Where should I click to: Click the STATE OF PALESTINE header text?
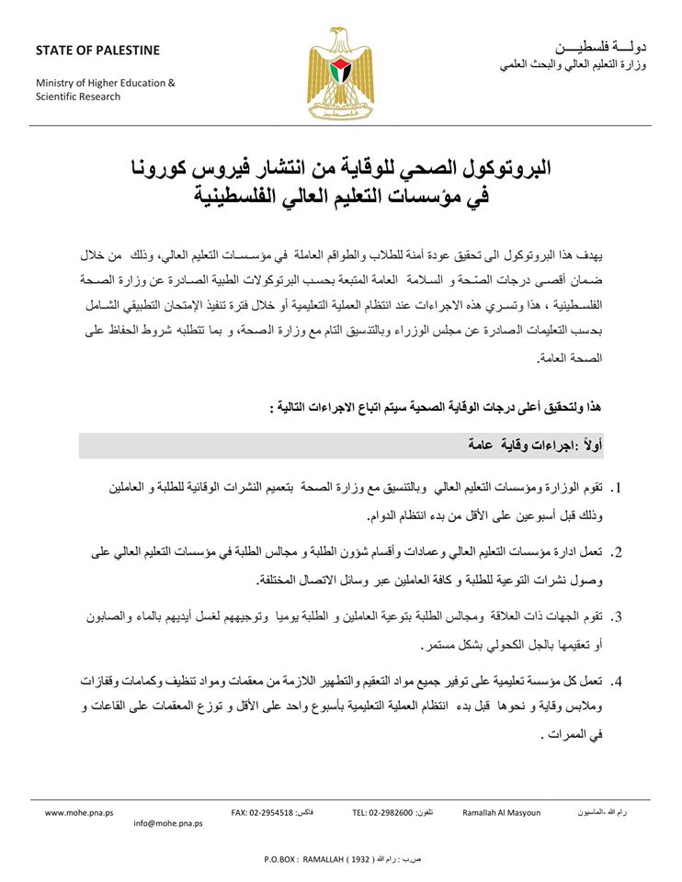[97, 51]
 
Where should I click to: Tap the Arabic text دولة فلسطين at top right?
[602, 47]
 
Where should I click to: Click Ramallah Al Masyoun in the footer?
[501, 812]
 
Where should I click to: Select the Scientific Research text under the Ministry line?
[78, 96]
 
